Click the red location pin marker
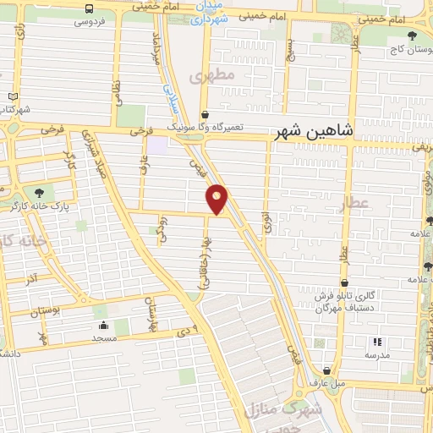217,199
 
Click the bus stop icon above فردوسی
89,8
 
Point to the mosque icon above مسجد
103,325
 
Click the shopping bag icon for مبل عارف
326,370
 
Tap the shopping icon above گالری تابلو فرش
345,283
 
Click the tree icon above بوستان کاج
412,35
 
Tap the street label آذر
30,277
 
